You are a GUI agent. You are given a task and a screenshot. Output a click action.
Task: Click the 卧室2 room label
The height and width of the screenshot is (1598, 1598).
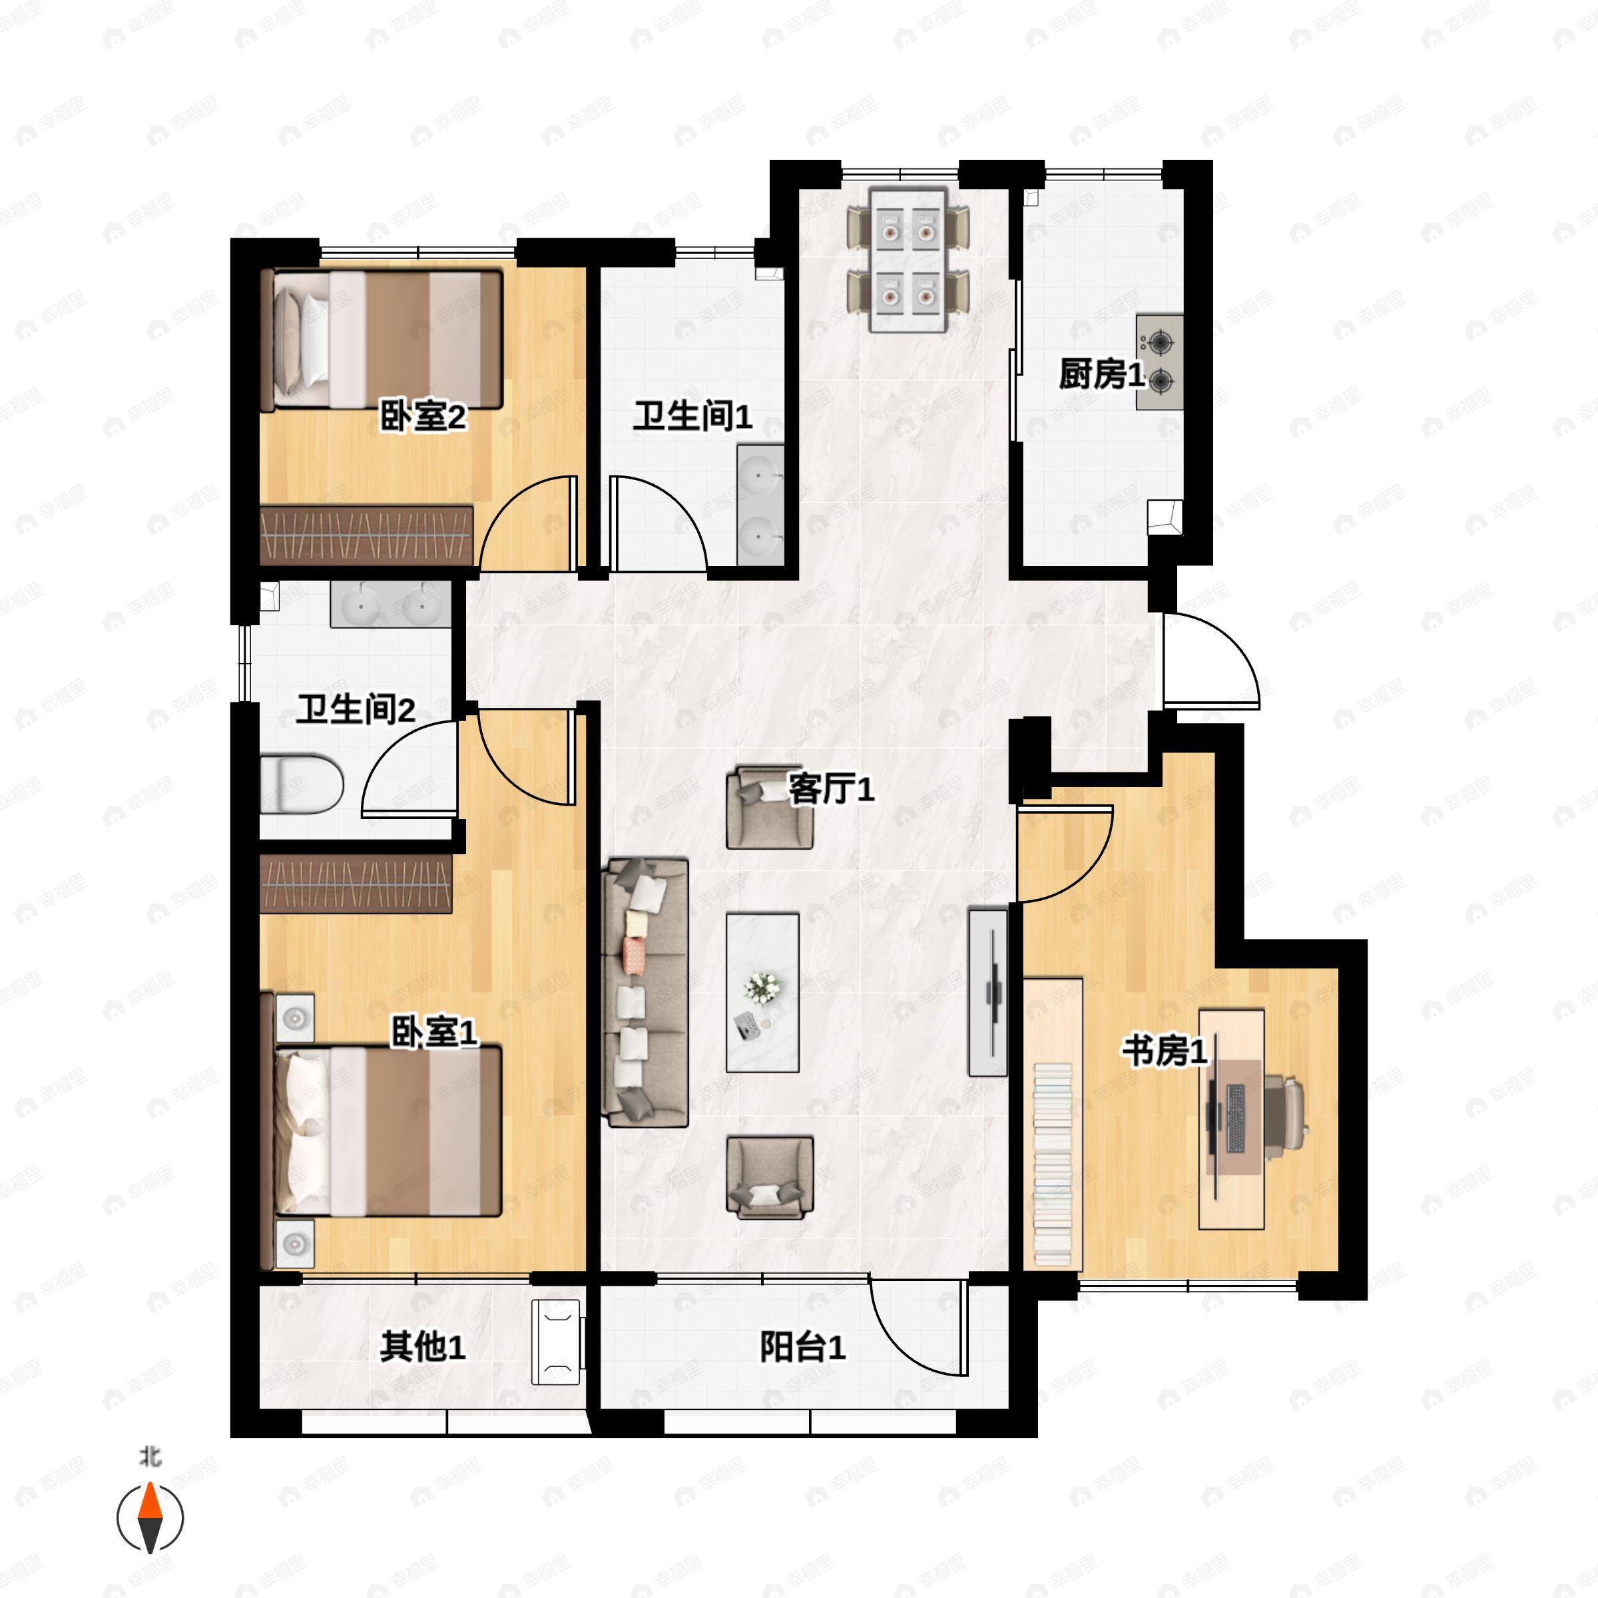423,416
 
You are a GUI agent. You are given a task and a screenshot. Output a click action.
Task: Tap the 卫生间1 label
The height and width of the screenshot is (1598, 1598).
693,415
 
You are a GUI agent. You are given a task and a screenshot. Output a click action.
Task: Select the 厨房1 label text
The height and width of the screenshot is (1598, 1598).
1102,375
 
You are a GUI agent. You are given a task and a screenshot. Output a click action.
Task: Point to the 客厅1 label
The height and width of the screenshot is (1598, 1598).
830,789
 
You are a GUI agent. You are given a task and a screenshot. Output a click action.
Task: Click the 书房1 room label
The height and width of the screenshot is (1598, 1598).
1165,1051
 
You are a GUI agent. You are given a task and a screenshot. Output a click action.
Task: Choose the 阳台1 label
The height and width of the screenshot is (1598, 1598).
802,1348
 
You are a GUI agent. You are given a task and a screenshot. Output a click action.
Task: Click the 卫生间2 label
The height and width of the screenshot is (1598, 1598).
356,710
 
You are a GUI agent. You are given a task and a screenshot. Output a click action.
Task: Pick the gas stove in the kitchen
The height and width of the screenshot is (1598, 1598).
1160,362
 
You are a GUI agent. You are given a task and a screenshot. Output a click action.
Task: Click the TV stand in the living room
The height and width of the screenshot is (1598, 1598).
988,991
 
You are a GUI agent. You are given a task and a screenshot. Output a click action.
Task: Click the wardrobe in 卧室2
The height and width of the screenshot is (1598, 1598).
366,535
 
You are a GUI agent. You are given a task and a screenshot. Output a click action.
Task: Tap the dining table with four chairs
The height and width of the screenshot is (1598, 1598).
908,260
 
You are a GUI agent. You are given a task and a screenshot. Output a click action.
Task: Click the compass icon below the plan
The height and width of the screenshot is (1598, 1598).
150,1518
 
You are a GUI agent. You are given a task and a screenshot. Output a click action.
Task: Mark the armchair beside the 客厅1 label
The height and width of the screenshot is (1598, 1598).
769,808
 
